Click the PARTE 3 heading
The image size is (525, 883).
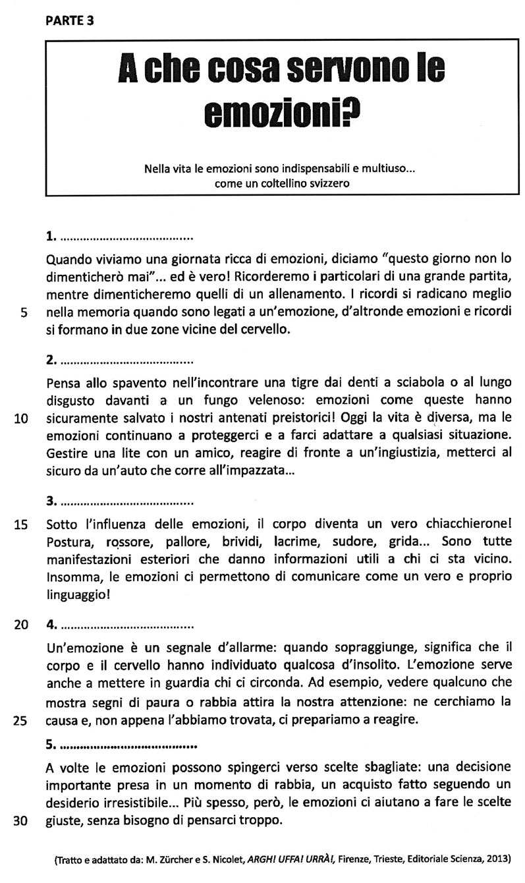point(69,20)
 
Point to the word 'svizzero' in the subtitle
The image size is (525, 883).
point(323,184)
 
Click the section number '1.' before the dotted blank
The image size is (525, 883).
point(52,235)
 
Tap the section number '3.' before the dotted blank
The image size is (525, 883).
point(52,501)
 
